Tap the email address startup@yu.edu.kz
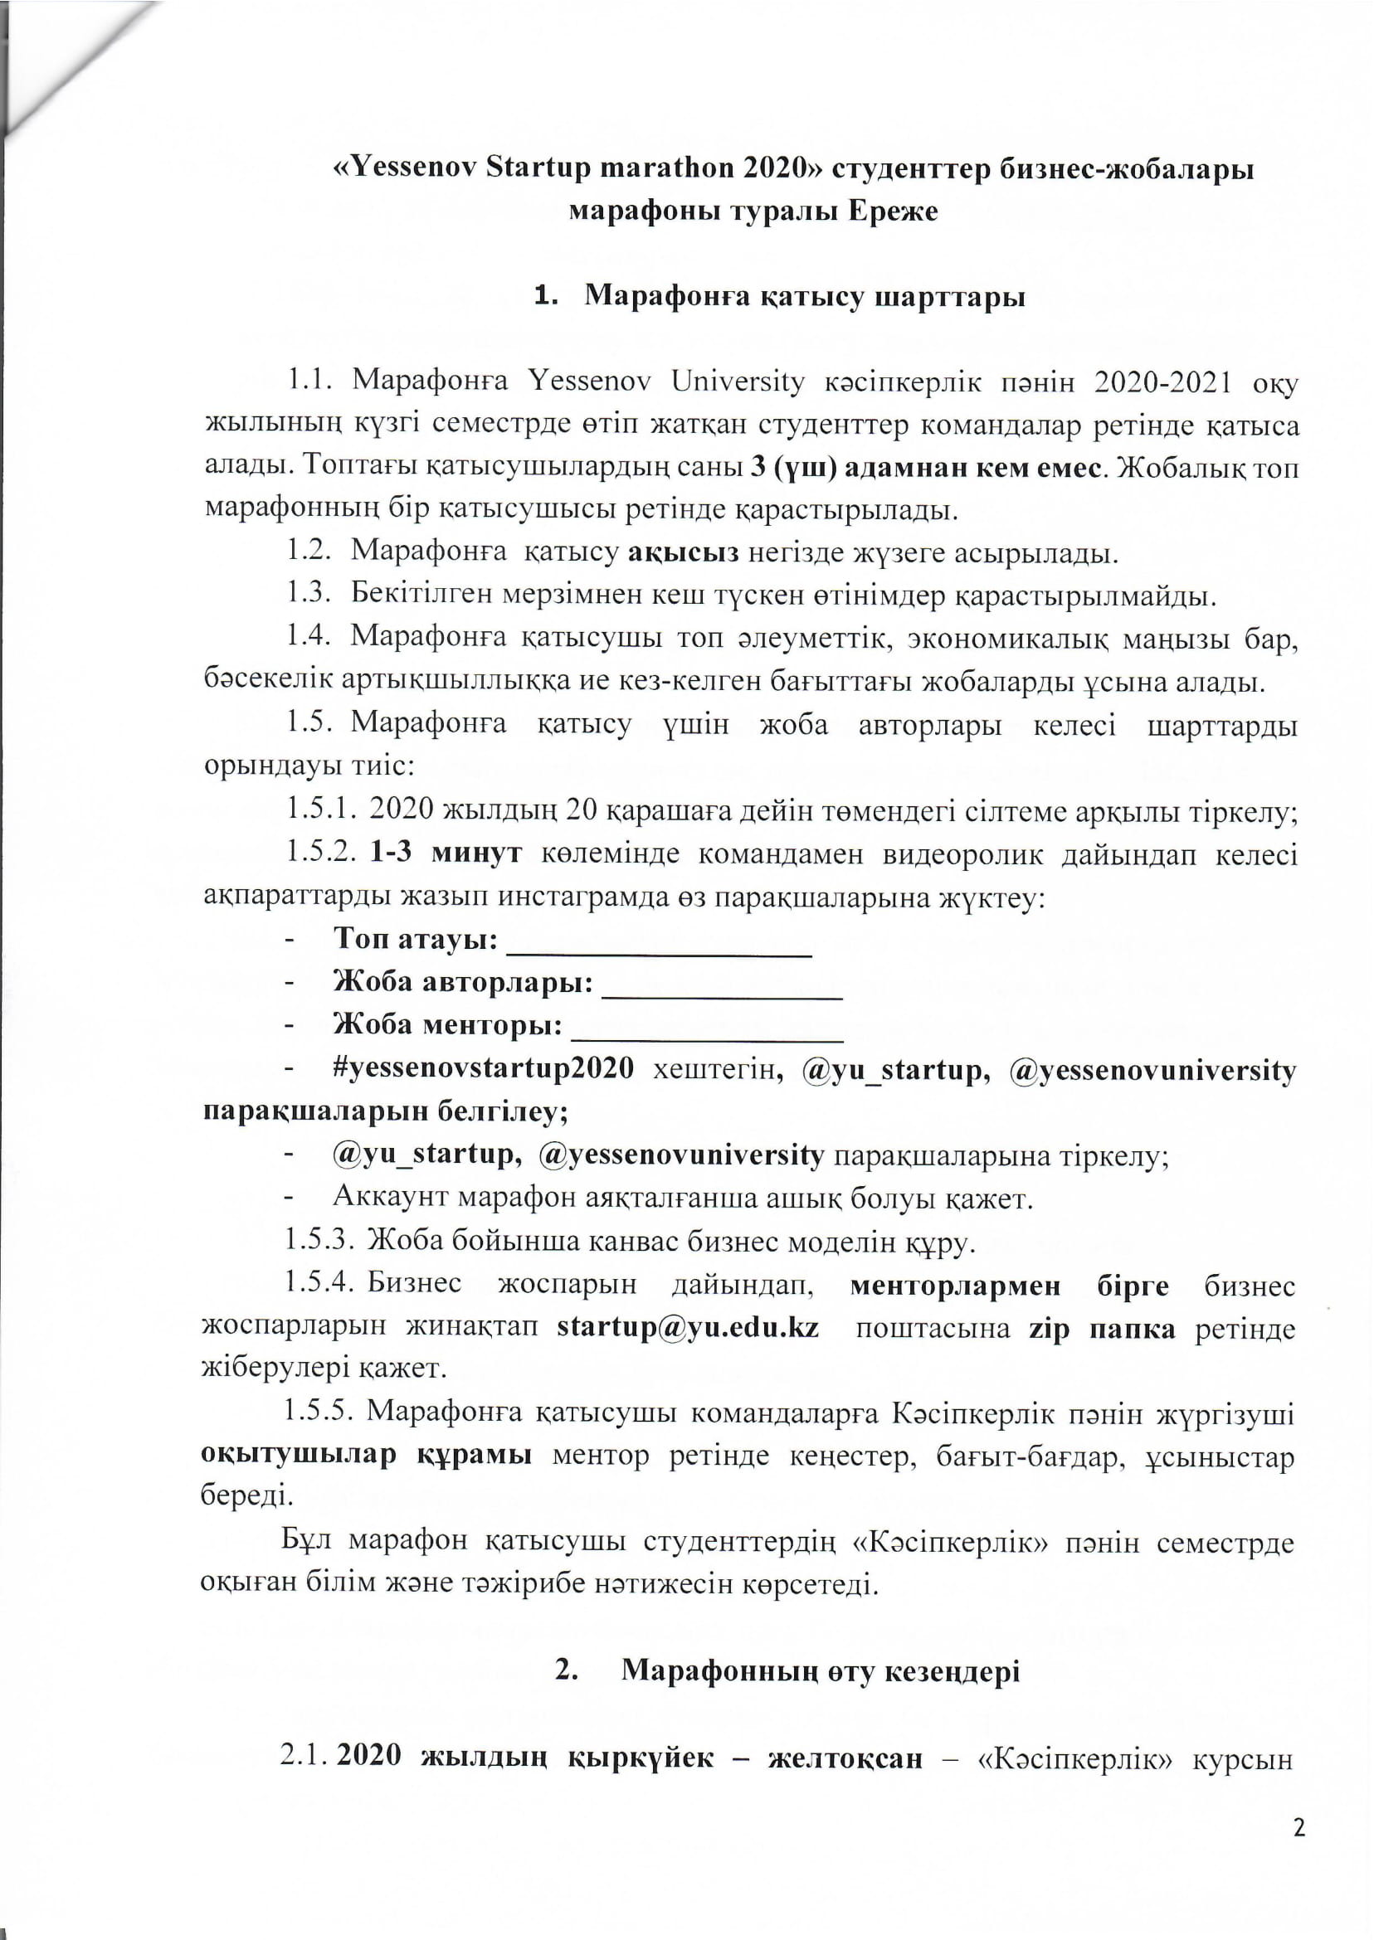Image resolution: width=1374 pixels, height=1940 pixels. pyautogui.click(x=687, y=1328)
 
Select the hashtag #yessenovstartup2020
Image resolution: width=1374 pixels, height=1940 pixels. pyautogui.click(x=483, y=1069)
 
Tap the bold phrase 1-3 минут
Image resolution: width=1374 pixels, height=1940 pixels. pyautogui.click(x=446, y=853)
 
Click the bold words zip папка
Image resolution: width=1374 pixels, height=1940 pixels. pyautogui.click(x=1102, y=1328)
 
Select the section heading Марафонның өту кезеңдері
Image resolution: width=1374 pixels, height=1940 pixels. pyautogui.click(x=820, y=1671)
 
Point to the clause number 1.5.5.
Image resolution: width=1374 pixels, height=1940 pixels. pyautogui.click(x=317, y=1413)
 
